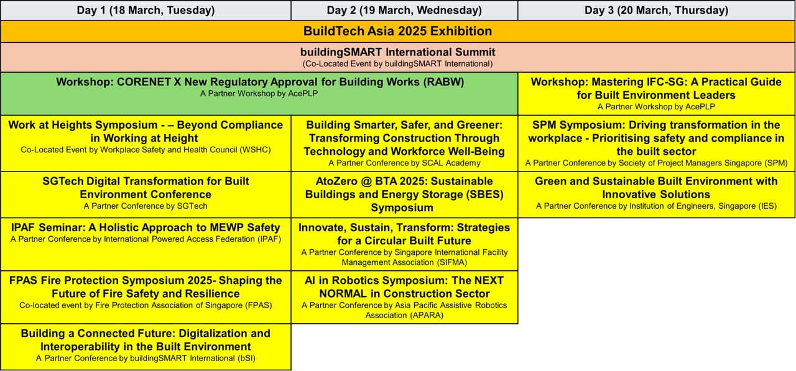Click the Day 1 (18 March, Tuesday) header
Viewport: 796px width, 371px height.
tap(146, 10)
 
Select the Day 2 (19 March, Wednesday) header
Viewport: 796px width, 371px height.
tap(404, 10)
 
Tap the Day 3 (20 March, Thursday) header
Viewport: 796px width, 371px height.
tap(656, 10)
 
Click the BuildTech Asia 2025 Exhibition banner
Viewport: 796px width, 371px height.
tap(397, 31)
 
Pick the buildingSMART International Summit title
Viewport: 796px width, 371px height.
tap(397, 52)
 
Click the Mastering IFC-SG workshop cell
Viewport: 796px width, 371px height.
tap(656, 93)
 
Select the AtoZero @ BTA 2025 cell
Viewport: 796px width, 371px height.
tap(404, 194)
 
